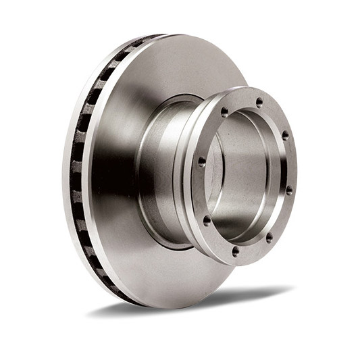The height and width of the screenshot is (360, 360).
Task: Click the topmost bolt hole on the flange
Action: coord(259,102)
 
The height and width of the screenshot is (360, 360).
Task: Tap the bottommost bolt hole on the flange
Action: coord(235,251)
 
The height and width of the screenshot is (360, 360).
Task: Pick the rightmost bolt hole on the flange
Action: coord(289,190)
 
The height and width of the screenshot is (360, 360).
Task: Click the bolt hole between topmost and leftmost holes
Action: coord(224,111)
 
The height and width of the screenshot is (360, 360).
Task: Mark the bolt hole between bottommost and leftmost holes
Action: coord(207,220)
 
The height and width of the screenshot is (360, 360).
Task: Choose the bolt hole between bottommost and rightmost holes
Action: coord(269,237)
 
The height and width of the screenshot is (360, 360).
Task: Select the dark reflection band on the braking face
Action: coord(111,169)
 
